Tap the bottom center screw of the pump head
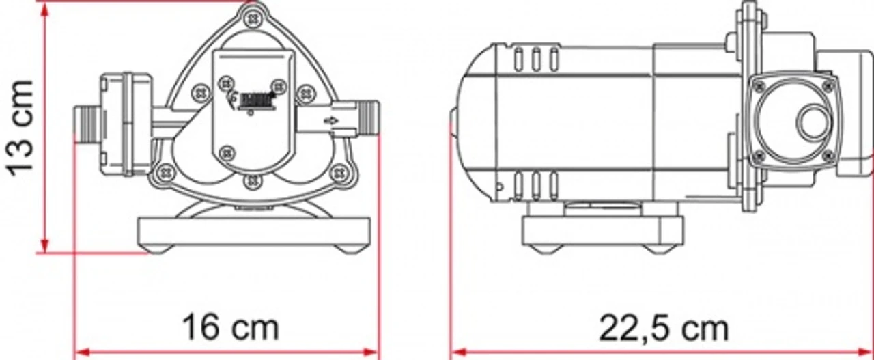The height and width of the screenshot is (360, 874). click(x=253, y=180)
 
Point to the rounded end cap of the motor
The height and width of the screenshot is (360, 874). click(x=471, y=123)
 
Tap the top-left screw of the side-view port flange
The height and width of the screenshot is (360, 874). click(x=758, y=86)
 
